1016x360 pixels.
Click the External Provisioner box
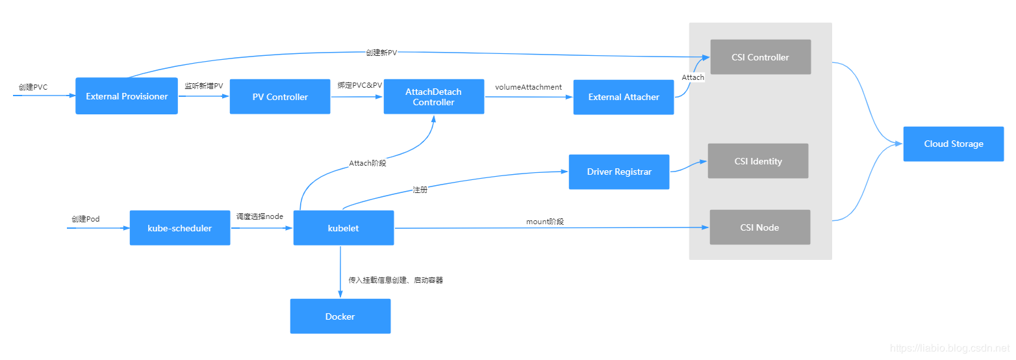(127, 96)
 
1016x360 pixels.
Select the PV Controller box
(280, 97)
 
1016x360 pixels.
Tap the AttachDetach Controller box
(434, 97)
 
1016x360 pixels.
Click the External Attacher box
(624, 97)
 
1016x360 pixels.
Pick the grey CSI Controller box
(760, 57)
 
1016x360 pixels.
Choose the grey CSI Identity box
(758, 161)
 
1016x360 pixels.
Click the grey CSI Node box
(759, 227)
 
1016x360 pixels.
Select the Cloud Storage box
(954, 144)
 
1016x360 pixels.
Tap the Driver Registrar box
(619, 172)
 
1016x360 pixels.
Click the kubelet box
(344, 228)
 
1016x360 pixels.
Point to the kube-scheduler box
(180, 228)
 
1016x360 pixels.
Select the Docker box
(340, 316)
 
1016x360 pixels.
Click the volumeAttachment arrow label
(528, 87)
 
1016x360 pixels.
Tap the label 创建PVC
(33, 86)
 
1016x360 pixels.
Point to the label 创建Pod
(86, 219)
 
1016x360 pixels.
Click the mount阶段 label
(545, 222)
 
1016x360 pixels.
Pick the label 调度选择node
(260, 216)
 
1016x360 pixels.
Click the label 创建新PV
(381, 53)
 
